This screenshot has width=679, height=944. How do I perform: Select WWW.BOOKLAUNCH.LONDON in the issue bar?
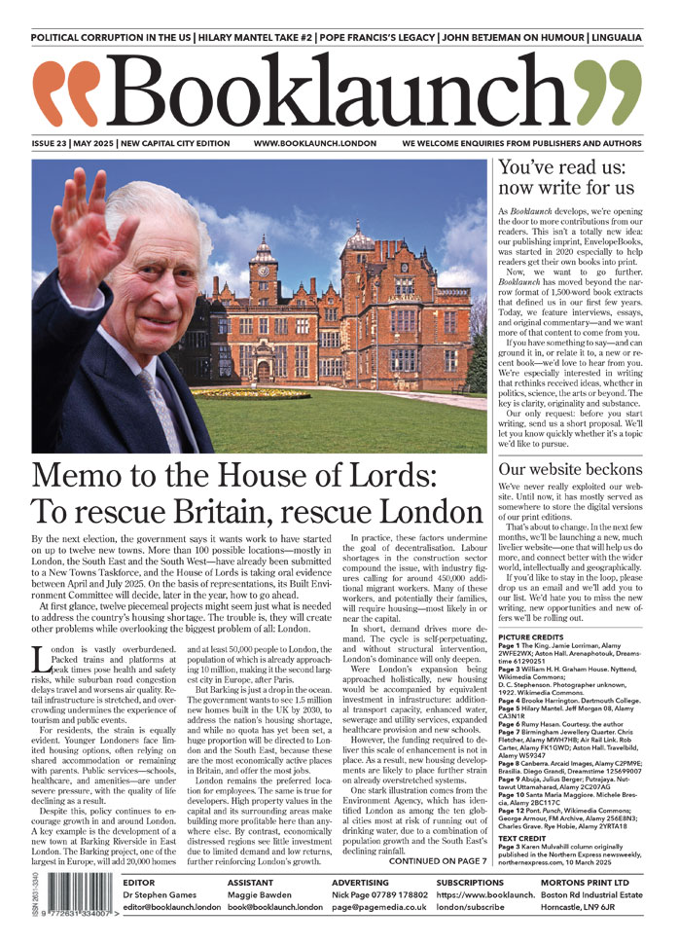point(314,143)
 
